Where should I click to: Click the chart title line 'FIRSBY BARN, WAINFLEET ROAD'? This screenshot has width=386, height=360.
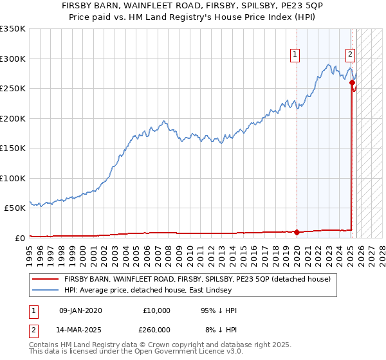(x=192, y=5)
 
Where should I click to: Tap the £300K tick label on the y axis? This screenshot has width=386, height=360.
(x=13, y=59)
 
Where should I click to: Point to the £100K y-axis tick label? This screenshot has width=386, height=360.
(x=13, y=178)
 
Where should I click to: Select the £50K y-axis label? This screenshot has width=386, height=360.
(x=15, y=208)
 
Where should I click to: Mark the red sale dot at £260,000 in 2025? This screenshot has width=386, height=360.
(x=352, y=82)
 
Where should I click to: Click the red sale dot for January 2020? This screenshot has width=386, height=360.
(x=297, y=232)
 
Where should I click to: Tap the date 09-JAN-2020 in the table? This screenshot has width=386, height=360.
(x=80, y=310)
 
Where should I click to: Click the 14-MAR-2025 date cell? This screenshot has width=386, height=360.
(x=80, y=329)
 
